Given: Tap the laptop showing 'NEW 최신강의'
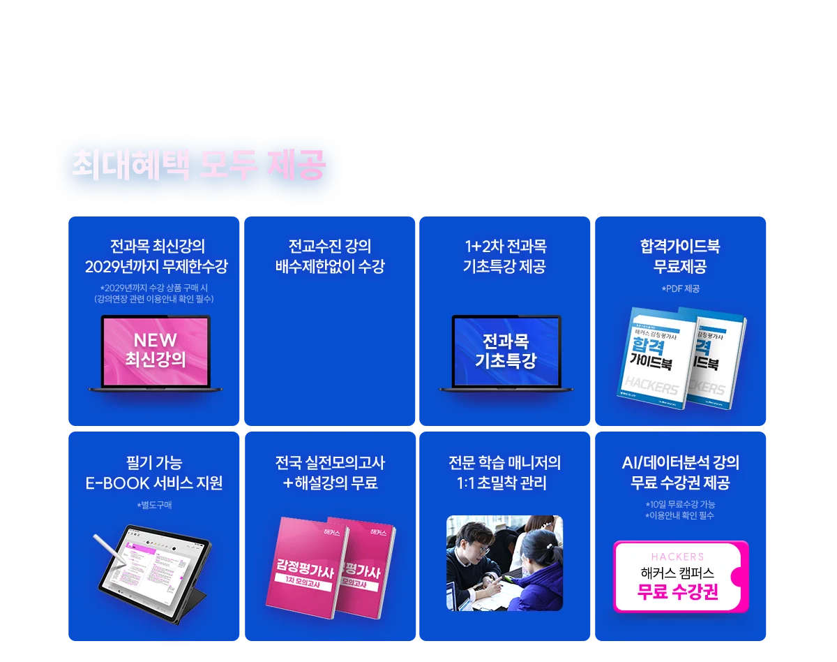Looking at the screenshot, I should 156,352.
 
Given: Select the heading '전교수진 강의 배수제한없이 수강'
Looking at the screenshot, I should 330,256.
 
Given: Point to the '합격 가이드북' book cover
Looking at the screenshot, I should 657,358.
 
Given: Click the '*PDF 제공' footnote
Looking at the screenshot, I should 680,288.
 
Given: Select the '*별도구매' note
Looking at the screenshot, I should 154,505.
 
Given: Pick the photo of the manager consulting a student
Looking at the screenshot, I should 504,563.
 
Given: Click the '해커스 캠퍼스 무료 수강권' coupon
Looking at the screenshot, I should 680,577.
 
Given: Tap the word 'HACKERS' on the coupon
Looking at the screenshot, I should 677,557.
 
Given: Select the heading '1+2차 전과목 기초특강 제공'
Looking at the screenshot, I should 505,256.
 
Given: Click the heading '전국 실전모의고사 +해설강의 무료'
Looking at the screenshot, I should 330,473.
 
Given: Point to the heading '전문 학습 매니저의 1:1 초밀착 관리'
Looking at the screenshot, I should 505,473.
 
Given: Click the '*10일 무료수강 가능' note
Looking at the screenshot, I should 680,503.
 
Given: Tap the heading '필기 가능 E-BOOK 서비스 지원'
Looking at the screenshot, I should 154,473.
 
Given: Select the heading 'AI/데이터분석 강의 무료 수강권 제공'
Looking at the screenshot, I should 680,473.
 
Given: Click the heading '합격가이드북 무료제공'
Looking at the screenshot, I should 680,256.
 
